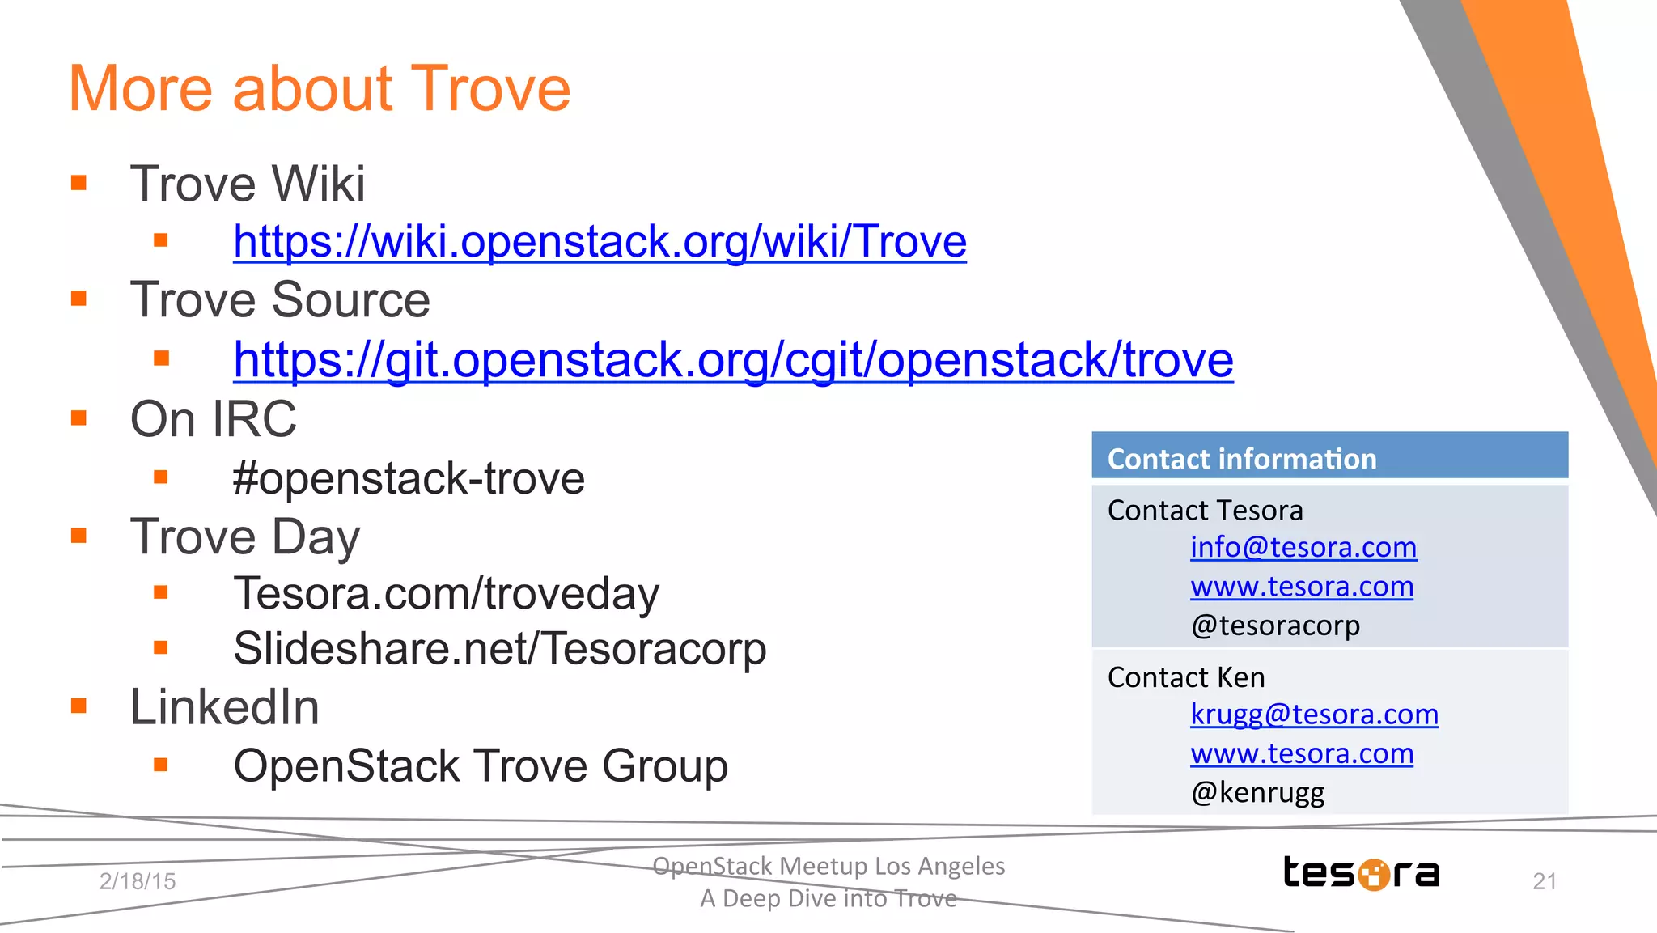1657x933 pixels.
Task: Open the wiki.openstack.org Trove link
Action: click(x=600, y=241)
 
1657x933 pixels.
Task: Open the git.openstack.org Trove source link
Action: click(x=733, y=359)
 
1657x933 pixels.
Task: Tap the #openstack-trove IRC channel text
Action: click(x=409, y=478)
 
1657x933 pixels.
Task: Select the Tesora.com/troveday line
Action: click(x=446, y=593)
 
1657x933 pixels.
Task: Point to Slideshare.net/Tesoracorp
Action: click(x=499, y=648)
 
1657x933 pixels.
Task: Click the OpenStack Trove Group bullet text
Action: click(x=481, y=765)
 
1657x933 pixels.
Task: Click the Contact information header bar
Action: click(x=1329, y=457)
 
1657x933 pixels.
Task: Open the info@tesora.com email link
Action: click(x=1303, y=548)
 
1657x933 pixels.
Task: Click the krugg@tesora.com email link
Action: click(x=1314, y=715)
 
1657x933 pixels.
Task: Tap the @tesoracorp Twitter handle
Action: click(x=1275, y=625)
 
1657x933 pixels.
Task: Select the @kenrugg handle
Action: click(x=1257, y=791)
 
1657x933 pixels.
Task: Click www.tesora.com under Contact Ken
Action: click(x=1302, y=753)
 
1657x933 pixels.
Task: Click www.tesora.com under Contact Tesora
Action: click(x=1302, y=587)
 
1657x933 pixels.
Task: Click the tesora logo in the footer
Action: click(x=1361, y=873)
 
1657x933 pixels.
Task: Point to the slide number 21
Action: click(x=1544, y=881)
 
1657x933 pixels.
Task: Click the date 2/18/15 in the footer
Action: click(x=138, y=881)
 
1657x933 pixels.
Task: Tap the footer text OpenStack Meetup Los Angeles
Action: click(x=828, y=866)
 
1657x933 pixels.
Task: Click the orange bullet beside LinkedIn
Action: click(x=78, y=706)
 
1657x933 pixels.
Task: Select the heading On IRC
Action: click(x=214, y=419)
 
